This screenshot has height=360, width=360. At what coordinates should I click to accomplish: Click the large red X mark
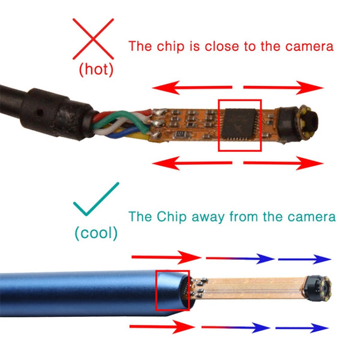coord(93,37)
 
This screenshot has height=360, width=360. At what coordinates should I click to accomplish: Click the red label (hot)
coord(95,69)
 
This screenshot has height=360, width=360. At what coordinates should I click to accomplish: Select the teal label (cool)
coord(97,233)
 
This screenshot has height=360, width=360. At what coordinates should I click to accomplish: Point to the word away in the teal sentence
coord(215,216)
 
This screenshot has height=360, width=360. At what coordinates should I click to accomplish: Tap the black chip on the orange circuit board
coord(240,125)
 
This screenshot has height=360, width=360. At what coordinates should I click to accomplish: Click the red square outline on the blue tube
coord(173,290)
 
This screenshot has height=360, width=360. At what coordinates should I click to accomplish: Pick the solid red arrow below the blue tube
coord(162,327)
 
